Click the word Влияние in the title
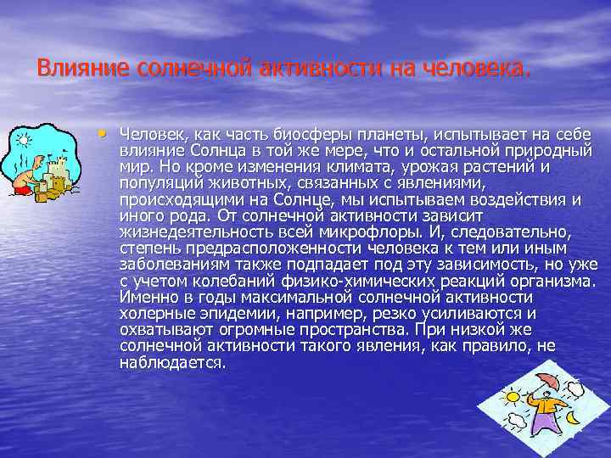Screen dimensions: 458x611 (73, 67)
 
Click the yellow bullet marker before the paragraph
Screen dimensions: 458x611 (103, 132)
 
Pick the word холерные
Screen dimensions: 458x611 (150, 314)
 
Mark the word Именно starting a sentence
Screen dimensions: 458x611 (146, 298)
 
